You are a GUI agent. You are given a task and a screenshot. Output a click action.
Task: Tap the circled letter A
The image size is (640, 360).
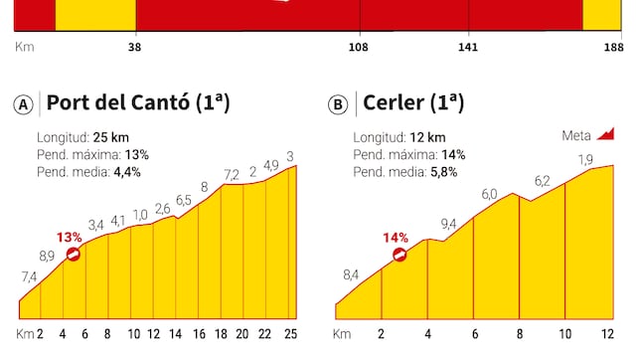click(x=23, y=104)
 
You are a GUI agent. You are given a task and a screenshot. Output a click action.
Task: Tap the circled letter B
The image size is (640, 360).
click(x=338, y=104)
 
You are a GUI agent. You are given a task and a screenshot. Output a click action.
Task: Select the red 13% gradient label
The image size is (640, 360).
click(x=70, y=237)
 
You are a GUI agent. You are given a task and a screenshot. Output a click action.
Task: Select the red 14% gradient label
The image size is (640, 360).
click(x=396, y=238)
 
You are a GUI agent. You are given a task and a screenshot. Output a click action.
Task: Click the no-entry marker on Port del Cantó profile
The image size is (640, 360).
click(x=74, y=255)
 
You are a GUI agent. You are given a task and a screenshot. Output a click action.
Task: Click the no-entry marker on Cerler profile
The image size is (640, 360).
click(x=400, y=255)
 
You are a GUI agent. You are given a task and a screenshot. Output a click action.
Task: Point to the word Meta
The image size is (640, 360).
click(x=575, y=135)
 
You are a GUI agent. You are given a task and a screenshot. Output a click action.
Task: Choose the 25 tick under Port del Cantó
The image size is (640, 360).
click(x=291, y=334)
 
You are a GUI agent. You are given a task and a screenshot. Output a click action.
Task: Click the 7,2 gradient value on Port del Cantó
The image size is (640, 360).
click(x=232, y=174)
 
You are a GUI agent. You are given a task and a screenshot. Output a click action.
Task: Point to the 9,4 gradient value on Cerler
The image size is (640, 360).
click(x=449, y=224)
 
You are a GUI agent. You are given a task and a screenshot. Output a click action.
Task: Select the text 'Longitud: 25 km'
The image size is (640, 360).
click(x=84, y=137)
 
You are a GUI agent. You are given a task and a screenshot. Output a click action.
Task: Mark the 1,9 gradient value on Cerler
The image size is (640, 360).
click(x=585, y=159)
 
